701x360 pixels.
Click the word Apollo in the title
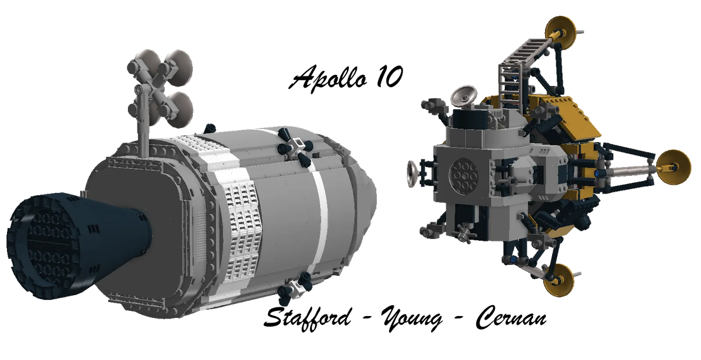coord(328,78)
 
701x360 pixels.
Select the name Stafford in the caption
coord(307,318)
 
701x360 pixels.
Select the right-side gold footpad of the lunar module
coord(673,167)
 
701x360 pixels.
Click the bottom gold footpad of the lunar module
coord(558,279)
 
